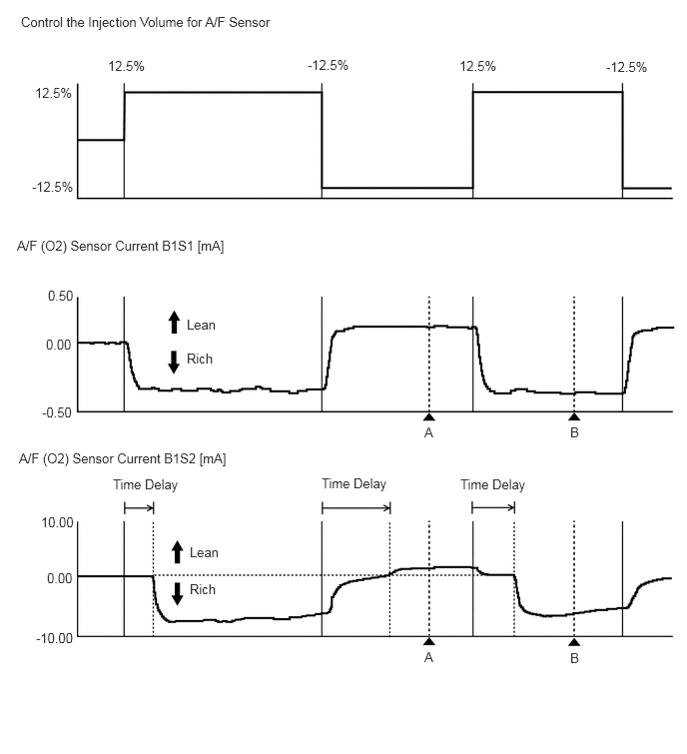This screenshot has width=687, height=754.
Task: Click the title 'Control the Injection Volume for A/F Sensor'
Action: [145, 22]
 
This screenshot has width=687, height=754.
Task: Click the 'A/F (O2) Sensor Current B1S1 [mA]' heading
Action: [120, 246]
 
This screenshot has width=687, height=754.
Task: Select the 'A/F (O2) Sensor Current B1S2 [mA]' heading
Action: [121, 459]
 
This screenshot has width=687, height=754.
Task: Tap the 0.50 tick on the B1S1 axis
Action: [60, 297]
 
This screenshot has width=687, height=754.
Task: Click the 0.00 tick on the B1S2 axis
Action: [60, 577]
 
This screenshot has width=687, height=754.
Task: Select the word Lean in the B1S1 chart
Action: [201, 325]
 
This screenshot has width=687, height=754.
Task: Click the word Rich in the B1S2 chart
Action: [203, 589]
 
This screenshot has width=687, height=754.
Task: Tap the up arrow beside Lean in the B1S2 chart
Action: [177, 551]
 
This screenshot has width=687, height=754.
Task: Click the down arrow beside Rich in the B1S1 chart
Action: [174, 361]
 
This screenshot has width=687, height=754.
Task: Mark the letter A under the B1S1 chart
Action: [428, 433]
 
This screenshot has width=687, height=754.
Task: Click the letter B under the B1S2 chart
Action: [574, 658]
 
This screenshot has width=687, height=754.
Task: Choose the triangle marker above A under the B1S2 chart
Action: [428, 642]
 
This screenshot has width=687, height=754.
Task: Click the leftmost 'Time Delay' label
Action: [145, 485]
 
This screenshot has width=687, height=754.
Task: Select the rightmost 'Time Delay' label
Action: [492, 485]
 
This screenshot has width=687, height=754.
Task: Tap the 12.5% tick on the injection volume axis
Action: [53, 93]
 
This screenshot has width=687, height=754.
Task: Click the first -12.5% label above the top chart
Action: [328, 66]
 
